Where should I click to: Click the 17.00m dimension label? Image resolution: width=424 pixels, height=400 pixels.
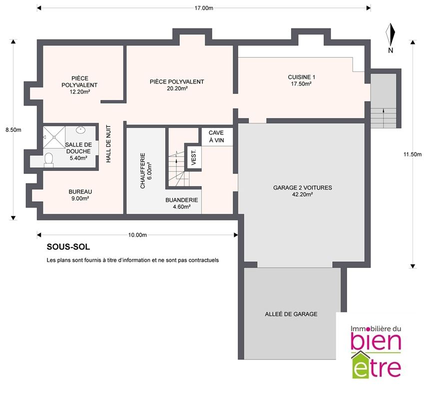coord(204,8)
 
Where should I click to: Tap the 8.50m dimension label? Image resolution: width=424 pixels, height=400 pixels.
coord(13,130)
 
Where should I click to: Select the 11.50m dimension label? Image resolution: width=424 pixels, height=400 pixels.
coord(413,154)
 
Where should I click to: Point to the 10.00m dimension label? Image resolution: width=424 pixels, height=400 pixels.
coord(137,235)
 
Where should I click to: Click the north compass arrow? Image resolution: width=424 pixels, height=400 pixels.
coord(391,34)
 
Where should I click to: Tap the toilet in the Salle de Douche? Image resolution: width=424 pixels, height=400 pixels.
coord(48,159)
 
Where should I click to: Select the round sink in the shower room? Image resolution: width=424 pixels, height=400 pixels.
coord(80,130)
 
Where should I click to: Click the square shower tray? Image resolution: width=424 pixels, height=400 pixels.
coord(54,137)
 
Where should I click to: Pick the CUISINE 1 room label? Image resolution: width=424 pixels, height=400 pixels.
coord(302,77)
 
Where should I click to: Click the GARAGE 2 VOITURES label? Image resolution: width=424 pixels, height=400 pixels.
coord(302,187)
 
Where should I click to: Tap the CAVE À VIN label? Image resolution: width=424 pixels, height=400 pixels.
coord(216,136)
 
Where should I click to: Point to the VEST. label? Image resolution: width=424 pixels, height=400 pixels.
coord(194,157)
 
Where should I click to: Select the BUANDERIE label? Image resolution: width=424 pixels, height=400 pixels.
coord(182,200)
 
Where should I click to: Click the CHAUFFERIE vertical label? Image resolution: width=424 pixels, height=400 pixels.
coord(143,171)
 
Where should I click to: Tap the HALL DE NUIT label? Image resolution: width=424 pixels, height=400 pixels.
coord(108,143)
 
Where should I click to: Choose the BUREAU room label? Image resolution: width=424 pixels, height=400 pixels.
coord(80,191)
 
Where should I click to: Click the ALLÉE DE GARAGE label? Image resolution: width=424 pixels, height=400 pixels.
coord(291,314)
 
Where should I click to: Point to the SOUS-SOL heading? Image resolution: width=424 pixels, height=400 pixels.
coord(68,247)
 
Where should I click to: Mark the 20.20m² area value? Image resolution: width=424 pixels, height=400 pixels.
coord(177,88)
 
